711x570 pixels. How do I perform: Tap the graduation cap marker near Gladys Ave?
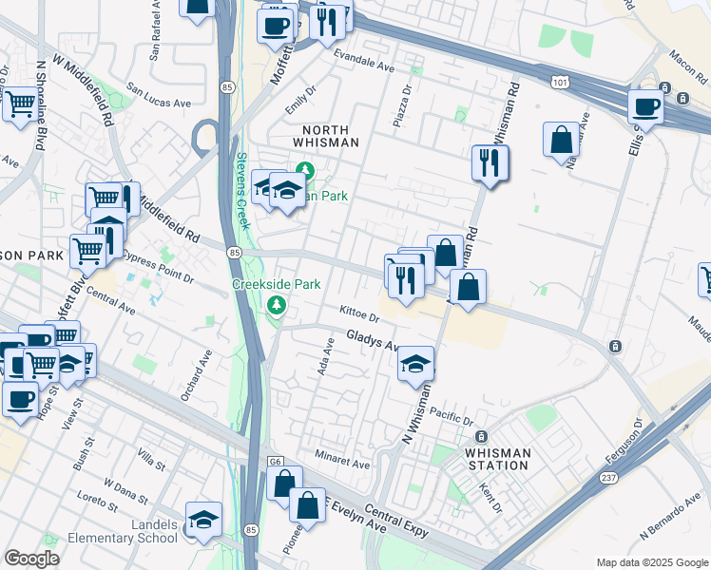pyautogui.click(x=415, y=364)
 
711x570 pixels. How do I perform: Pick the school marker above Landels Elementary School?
pyautogui.click(x=203, y=519)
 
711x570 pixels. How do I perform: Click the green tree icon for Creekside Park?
pyautogui.click(x=277, y=304)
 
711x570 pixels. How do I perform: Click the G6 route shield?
pyautogui.click(x=276, y=461)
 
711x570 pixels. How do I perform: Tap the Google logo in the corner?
pyautogui.click(x=31, y=559)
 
